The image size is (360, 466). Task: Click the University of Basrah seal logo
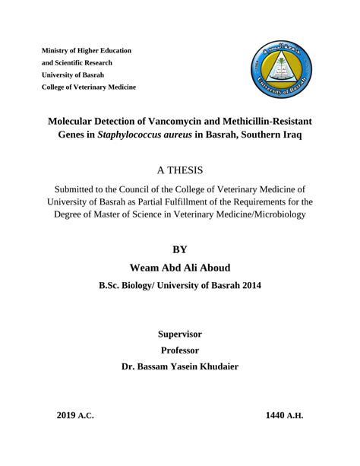click(279, 72)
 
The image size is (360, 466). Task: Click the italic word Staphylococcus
click(134, 137)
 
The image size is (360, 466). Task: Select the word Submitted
click(81, 189)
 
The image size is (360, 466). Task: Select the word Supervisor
click(180, 333)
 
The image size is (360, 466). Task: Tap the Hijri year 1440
click(276, 416)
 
